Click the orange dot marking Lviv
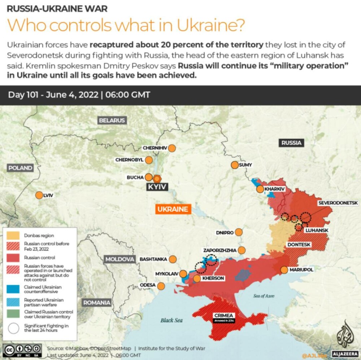pos(39,195)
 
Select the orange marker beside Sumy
pos(235,165)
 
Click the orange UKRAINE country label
pos(173,209)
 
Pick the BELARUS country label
pos(112,120)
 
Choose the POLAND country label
pos(20,168)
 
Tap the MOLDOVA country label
pos(119,259)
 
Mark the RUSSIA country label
pos(291,143)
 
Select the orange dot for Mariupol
pos(284,270)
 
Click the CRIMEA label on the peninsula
pos(224,315)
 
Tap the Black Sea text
pos(171,320)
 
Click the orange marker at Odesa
pos(161,286)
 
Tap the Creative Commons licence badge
pos(22,350)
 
